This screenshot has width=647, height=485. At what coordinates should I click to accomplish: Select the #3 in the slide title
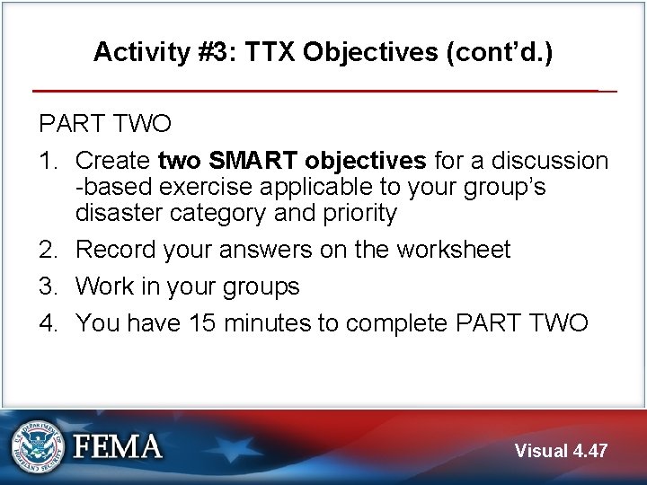(208, 52)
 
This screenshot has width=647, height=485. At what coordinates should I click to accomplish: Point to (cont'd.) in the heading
(499, 52)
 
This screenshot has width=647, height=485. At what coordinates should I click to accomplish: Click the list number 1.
(47, 161)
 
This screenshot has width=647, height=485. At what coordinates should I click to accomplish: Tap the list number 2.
(47, 250)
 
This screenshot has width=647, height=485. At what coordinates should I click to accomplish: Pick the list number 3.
(47, 287)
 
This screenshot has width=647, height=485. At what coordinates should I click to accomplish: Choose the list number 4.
(47, 322)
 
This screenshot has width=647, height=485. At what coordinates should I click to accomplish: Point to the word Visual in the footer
(540, 451)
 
